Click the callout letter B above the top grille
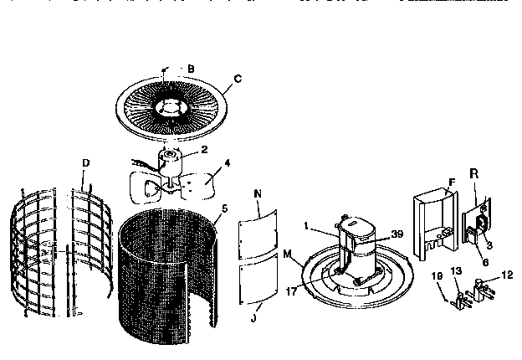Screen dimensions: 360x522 [191, 68]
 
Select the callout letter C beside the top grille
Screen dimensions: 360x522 [238, 79]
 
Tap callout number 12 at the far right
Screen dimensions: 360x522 [506, 275]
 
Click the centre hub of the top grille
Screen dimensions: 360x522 [174, 107]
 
